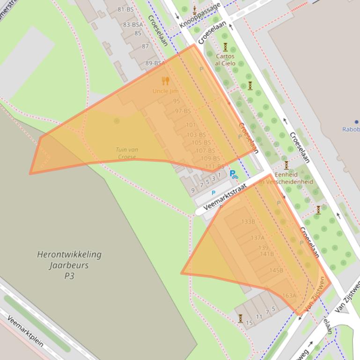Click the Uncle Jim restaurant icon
165,81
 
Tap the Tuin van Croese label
127,153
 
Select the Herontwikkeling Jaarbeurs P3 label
69,265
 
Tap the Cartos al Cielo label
225,60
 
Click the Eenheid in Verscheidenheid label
286,178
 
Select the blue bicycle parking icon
234,174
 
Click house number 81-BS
125,9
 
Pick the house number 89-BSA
154,63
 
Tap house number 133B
248,221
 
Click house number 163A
289,295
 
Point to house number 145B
276,270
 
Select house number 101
191,125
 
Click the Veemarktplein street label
26,331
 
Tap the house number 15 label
249,323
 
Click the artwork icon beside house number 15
240,318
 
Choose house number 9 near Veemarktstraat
193,190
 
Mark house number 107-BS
205,151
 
